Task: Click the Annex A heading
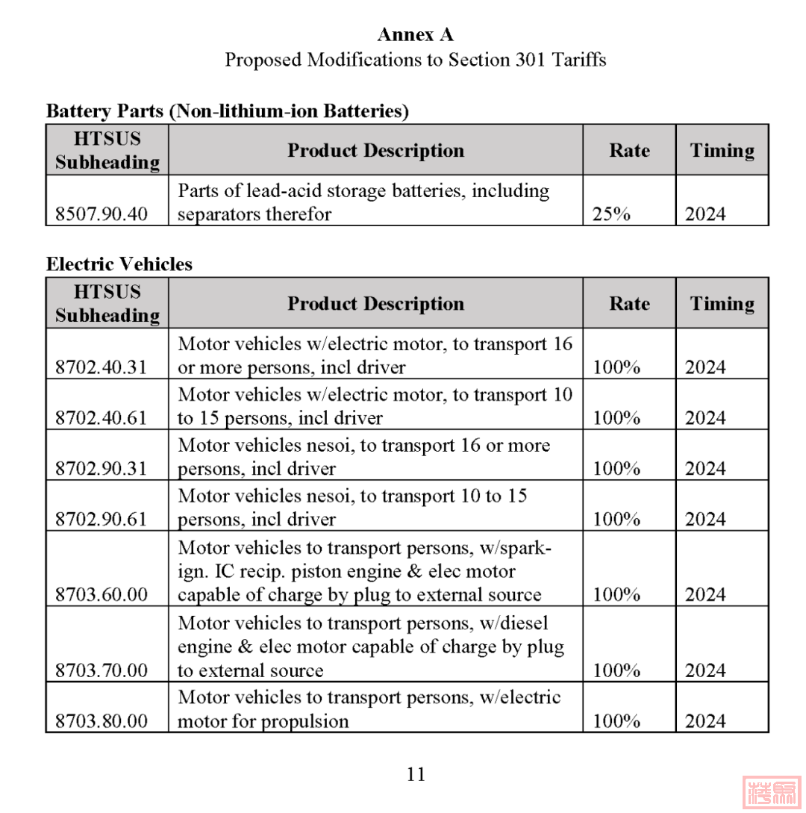(x=416, y=34)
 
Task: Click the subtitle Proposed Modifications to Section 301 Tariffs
(x=416, y=60)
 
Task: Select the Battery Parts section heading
(x=228, y=111)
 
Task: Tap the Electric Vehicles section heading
(x=119, y=264)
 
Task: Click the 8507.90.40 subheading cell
(x=101, y=214)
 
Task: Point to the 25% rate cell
(x=611, y=214)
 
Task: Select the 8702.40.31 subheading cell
(x=101, y=367)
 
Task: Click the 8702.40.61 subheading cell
(x=101, y=418)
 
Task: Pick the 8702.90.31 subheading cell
(x=101, y=469)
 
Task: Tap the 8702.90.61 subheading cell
(x=101, y=520)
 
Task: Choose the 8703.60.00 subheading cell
(x=101, y=595)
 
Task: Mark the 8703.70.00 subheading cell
(x=101, y=670)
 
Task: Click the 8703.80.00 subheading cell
(x=101, y=721)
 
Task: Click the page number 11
(x=416, y=774)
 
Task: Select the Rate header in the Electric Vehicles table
(x=629, y=303)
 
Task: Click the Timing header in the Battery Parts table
(x=722, y=150)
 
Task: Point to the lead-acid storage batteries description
(x=363, y=202)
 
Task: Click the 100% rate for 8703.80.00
(x=616, y=721)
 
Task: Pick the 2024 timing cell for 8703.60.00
(x=705, y=595)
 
